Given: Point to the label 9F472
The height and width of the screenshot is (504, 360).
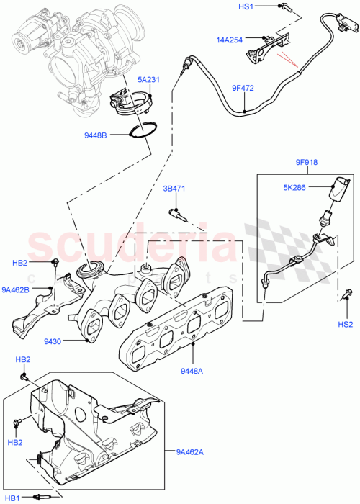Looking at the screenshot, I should (x=243, y=89).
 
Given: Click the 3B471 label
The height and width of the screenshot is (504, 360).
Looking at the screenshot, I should (x=174, y=190).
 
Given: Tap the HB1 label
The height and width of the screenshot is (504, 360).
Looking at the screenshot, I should (x=13, y=497).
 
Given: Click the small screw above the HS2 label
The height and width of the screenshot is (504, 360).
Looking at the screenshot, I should (x=347, y=292).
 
